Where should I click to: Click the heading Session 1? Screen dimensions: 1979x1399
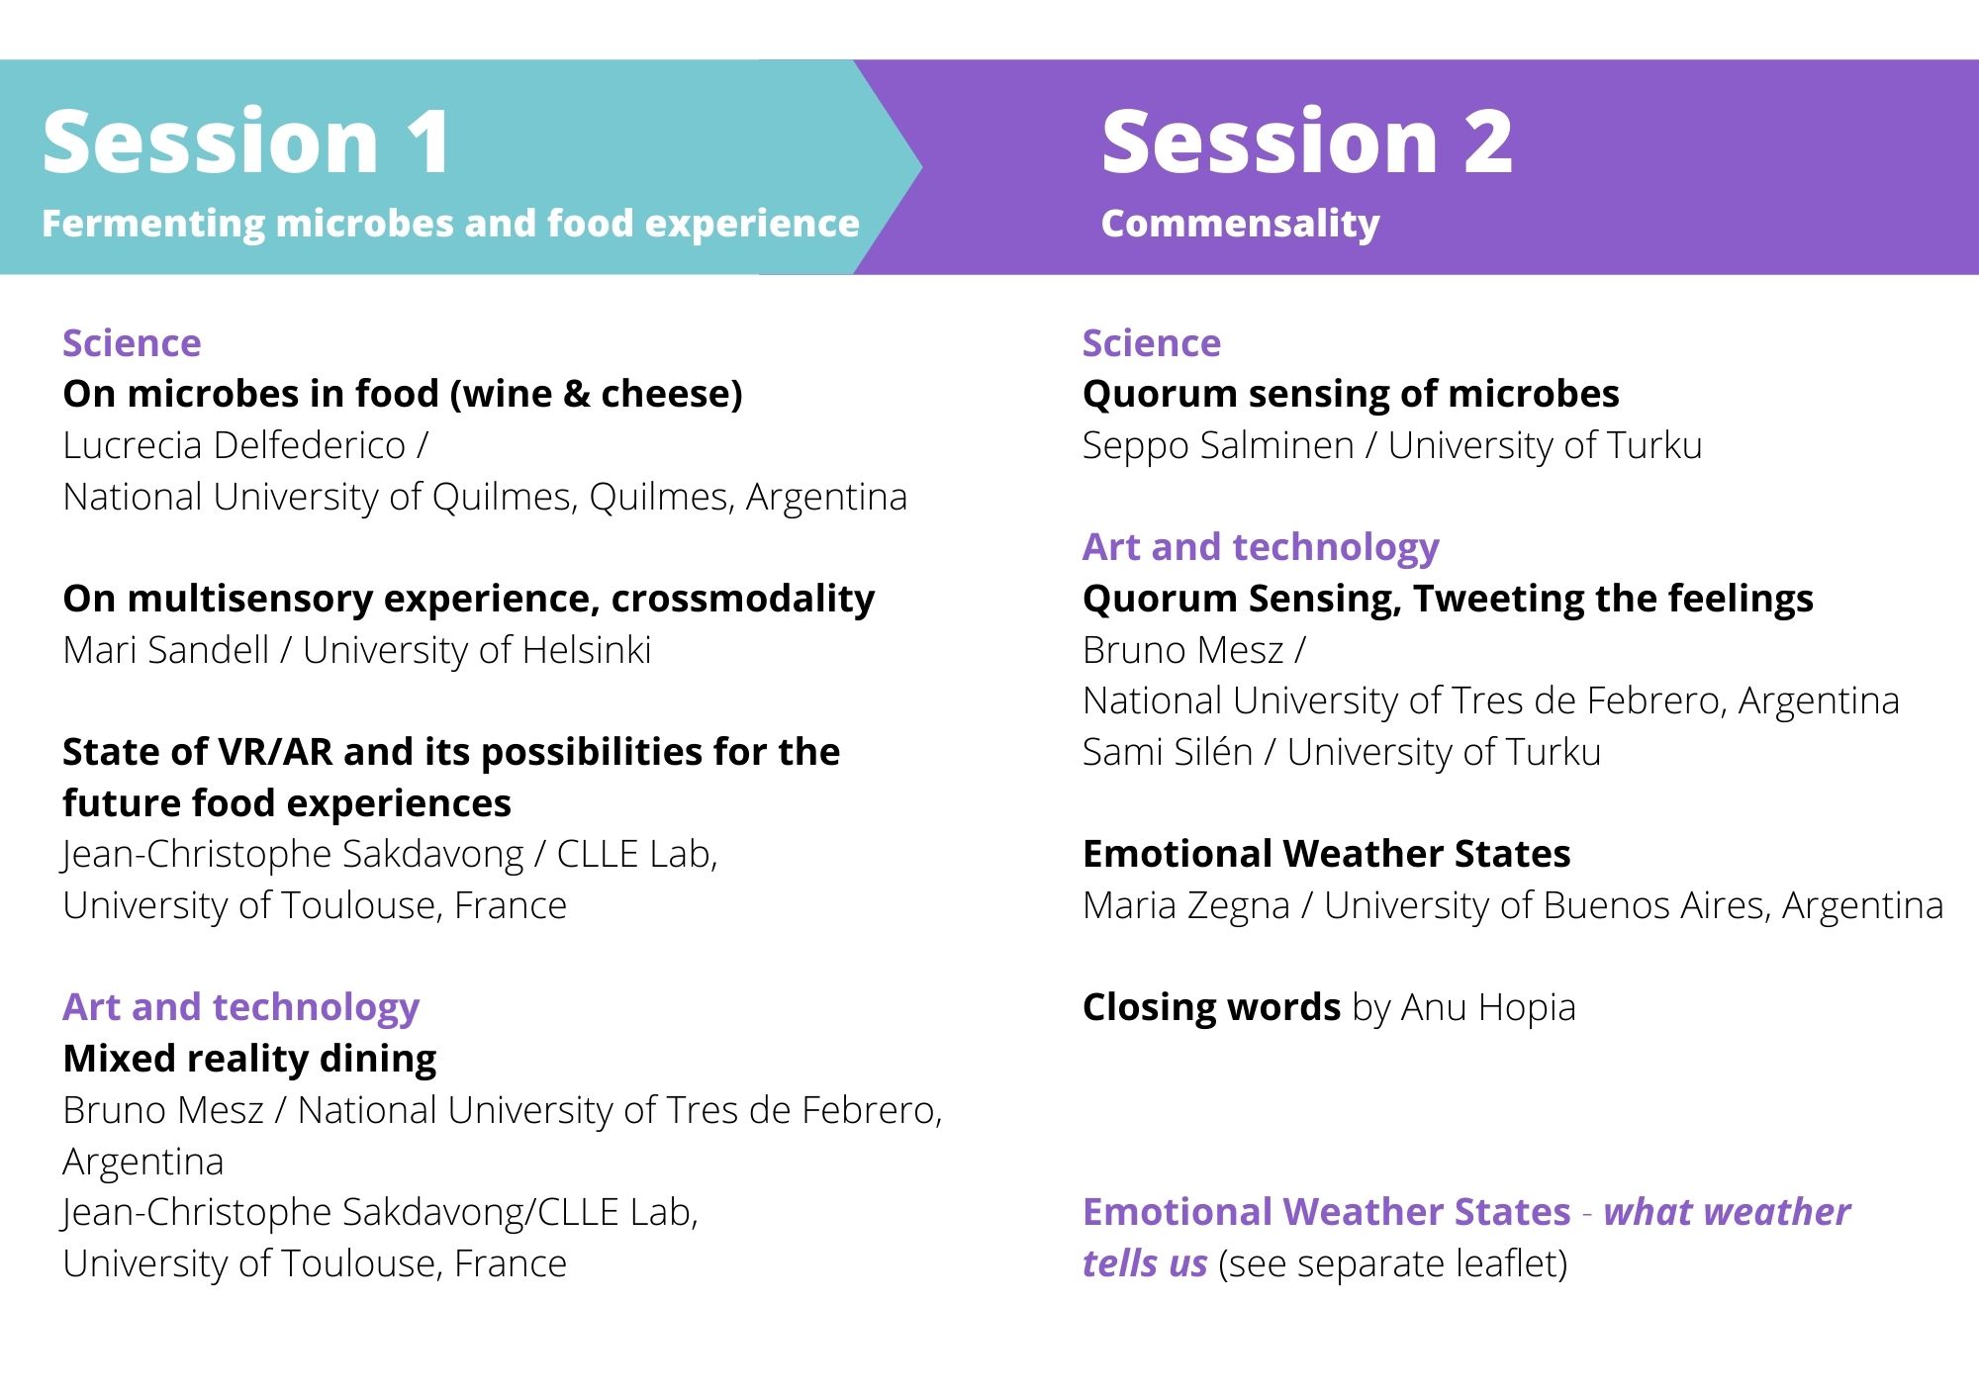tap(245, 141)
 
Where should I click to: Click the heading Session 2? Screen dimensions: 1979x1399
tap(1307, 141)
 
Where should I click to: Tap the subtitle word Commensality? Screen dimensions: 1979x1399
tap(1240, 225)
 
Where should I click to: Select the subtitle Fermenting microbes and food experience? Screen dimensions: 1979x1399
tap(450, 224)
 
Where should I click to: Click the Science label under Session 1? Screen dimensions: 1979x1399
tap(132, 343)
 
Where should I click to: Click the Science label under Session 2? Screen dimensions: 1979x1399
tap(1152, 343)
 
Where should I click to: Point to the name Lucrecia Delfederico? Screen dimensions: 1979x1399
tap(235, 445)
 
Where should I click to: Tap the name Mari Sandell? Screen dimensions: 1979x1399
tap(165, 650)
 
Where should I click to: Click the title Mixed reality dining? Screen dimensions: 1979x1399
tap(249, 1059)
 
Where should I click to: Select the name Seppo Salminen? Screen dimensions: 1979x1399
tap(1218, 446)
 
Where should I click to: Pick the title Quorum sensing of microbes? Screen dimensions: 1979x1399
tap(1351, 395)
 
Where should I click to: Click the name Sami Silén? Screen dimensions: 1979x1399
tap(1168, 752)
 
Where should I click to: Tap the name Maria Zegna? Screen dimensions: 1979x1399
tap(1185, 906)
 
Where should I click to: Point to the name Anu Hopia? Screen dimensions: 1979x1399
tap(1488, 1008)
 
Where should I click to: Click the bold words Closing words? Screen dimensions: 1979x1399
tap(1211, 1007)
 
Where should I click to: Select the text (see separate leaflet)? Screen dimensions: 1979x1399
tap(1393, 1264)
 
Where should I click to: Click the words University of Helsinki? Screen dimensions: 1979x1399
tap(477, 650)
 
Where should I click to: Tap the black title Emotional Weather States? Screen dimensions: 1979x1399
tap(1326, 854)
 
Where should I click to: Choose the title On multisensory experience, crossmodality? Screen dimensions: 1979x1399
tap(468, 600)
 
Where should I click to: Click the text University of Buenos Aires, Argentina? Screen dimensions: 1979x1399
tap(1634, 906)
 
